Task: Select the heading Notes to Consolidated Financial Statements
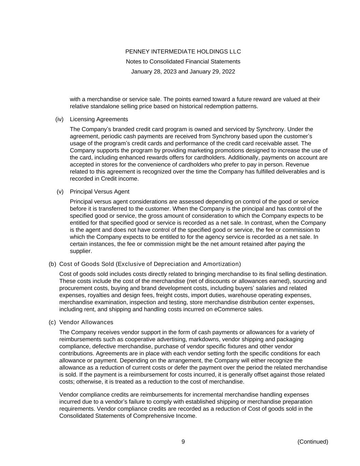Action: click(183, 61)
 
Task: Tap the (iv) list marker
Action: click(59, 119)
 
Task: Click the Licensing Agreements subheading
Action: click(99, 119)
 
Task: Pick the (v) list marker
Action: click(60, 192)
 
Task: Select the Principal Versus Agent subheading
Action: click(100, 192)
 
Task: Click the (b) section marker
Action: click(52, 264)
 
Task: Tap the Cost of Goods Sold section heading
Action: click(150, 264)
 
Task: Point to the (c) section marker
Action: click(52, 322)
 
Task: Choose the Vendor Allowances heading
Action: click(86, 322)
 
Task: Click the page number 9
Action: click(183, 442)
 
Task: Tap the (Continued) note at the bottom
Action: click(313, 442)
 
